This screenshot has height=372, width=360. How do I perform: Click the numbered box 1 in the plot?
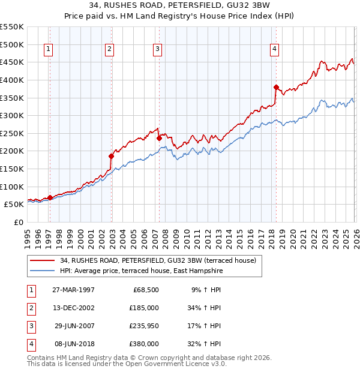47,50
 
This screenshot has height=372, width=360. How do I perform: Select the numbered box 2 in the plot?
109,50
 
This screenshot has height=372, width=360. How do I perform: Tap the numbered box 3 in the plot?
157,50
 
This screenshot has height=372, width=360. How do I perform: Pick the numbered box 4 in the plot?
274,50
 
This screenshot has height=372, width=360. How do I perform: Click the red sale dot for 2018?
276,87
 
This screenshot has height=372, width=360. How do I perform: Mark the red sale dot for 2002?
111,156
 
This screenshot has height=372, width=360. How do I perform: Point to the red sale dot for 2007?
159,138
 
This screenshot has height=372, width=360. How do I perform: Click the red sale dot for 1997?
50,197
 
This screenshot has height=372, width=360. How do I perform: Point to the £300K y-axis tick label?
11,115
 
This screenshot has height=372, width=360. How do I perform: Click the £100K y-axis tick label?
11,187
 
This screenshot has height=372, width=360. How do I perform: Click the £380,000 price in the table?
145,344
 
